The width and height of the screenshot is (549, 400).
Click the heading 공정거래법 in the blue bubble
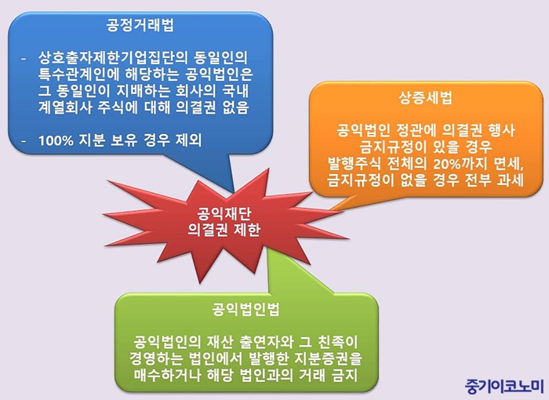(140, 25)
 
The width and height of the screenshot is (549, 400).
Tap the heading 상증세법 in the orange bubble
(425, 97)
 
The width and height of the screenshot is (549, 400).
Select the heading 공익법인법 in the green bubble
(246, 310)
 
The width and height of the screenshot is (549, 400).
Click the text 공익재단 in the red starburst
(224, 213)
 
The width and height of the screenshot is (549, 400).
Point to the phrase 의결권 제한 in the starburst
(224, 230)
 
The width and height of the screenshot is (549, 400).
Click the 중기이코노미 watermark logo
(504, 386)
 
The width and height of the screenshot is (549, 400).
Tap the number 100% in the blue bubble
(56, 141)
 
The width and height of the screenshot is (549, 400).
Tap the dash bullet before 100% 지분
(24, 141)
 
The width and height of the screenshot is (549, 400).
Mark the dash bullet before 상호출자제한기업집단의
(24, 59)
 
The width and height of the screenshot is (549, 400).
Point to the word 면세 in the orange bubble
(510, 164)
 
